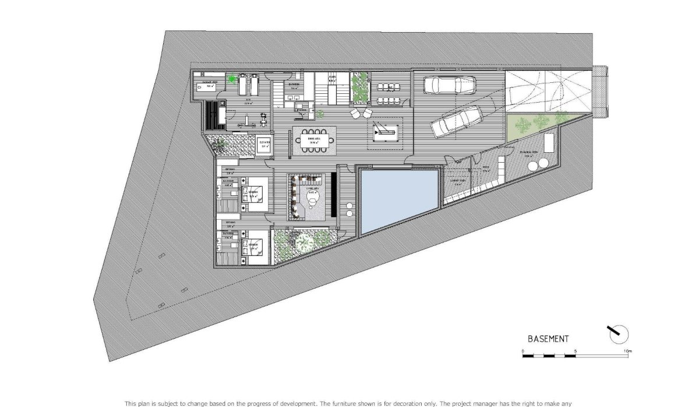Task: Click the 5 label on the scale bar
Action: pos(575,350)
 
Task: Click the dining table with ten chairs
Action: pos(315,140)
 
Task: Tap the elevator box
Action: pos(264,145)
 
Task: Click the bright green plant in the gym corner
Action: pos(233,79)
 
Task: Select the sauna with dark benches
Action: pos(213,117)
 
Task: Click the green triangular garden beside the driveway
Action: pos(531,125)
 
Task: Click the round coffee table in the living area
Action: pos(313,201)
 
